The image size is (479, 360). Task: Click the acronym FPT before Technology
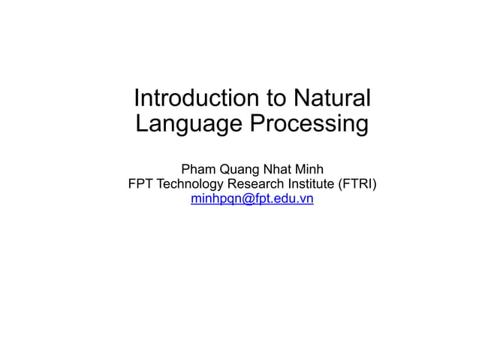pyautogui.click(x=141, y=184)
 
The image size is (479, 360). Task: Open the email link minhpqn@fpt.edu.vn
pyautogui.click(x=252, y=199)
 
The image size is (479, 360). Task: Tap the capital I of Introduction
pyautogui.click(x=136, y=98)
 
